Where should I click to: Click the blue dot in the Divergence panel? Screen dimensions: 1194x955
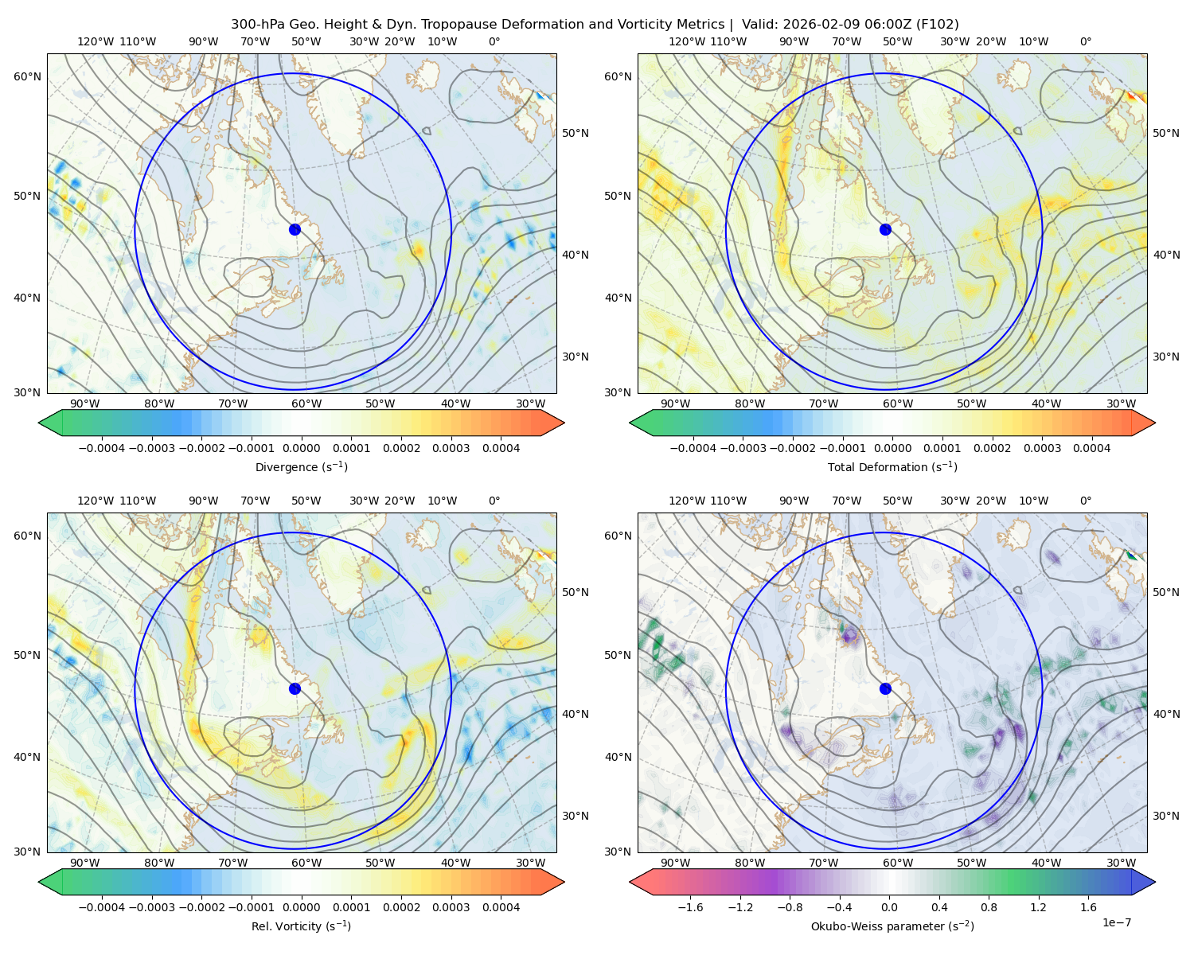point(295,229)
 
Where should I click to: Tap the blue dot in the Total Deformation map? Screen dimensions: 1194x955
point(885,229)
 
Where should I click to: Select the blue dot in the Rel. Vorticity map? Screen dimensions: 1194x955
point(295,688)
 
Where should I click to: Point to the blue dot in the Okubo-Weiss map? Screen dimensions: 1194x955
point(885,688)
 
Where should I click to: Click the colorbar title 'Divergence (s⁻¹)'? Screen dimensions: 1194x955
point(301,466)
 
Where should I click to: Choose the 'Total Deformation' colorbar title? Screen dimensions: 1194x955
point(892,466)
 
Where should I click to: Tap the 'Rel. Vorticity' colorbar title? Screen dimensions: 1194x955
point(301,926)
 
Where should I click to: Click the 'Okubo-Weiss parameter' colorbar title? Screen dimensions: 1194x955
point(892,926)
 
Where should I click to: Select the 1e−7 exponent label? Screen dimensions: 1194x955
point(1116,922)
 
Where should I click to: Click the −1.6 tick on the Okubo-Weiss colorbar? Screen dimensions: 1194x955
point(690,906)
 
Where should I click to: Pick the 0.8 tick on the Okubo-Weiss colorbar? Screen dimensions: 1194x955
point(989,906)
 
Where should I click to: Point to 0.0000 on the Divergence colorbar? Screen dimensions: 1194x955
point(301,448)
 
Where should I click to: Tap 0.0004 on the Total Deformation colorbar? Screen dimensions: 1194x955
point(1091,448)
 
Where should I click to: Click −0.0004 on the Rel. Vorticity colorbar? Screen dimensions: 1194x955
point(102,906)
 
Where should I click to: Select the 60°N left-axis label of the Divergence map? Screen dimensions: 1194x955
point(27,76)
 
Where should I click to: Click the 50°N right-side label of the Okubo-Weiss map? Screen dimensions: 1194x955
point(1165,592)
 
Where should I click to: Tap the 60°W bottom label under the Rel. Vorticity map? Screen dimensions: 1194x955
point(306,863)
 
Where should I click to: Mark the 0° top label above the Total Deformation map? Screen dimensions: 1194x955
point(1085,41)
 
